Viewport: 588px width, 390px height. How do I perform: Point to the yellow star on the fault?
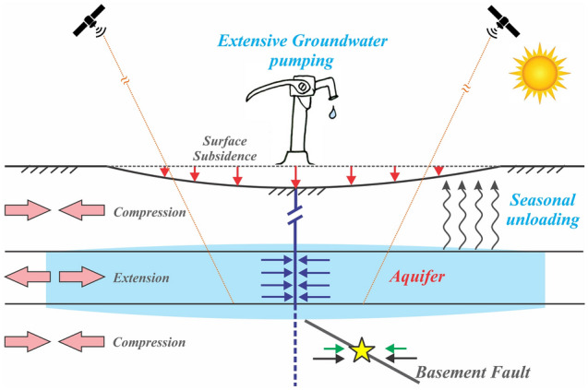[x=361, y=351]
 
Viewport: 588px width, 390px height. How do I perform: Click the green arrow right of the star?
[x=393, y=347]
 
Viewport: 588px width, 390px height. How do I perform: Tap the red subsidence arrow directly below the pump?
[x=295, y=175]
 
